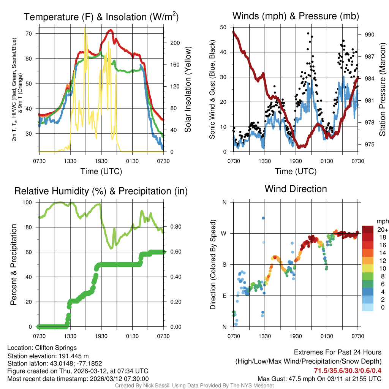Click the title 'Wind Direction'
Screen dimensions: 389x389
[296, 189]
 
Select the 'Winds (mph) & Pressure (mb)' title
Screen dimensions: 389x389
[296, 16]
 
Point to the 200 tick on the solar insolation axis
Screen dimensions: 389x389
[175, 43]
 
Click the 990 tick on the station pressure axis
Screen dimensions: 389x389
[370, 35]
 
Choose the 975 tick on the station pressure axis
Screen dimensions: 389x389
[370, 144]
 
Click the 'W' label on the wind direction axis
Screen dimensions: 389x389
[224, 233]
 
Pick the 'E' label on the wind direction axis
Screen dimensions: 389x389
[225, 296]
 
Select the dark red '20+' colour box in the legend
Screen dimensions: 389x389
[368, 229]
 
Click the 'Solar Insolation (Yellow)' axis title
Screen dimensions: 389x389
[188, 90]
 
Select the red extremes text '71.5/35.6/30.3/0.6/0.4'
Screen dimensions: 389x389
[348, 370]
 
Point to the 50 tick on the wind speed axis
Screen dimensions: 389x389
[224, 27]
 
